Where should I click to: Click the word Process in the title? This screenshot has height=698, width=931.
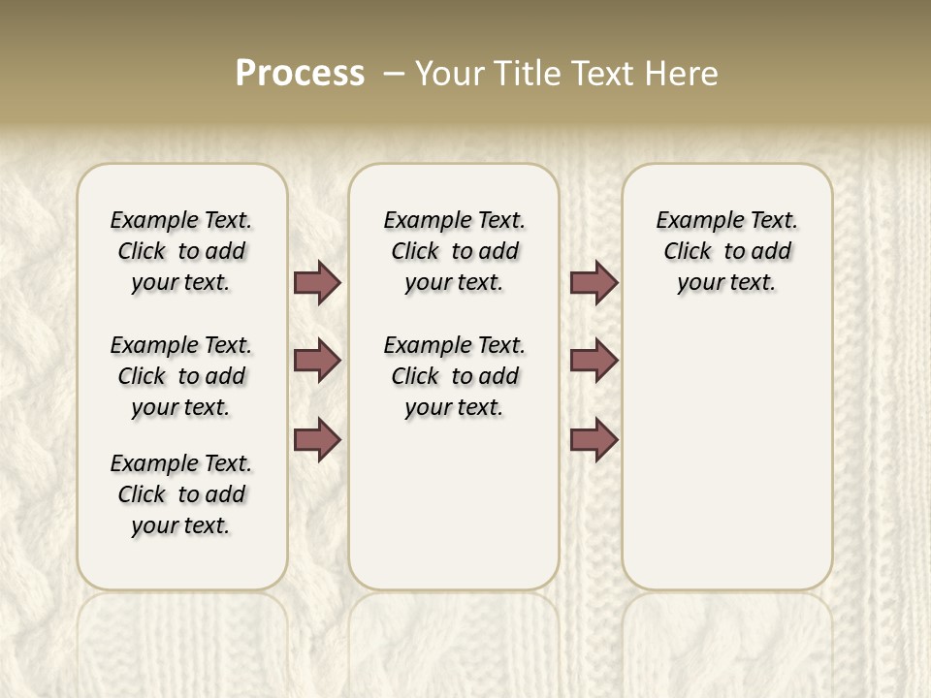point(300,74)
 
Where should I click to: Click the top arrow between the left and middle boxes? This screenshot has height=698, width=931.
point(317,282)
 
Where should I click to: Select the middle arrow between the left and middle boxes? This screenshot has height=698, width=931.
point(317,361)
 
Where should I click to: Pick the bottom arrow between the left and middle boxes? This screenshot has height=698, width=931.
point(317,439)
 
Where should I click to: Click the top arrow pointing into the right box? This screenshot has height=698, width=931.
point(594,282)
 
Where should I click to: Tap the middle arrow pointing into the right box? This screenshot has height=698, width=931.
point(594,361)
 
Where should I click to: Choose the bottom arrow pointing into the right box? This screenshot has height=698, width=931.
point(594,439)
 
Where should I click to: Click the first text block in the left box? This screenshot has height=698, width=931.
point(181,251)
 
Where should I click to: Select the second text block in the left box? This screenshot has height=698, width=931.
point(181,376)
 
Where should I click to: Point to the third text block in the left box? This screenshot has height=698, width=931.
point(181,494)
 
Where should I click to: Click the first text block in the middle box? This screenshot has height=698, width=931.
point(454,251)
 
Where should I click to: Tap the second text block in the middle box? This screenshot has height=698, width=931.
point(454,376)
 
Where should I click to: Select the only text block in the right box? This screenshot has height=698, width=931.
point(726,251)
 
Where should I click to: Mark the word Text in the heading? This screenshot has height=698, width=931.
point(605,74)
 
